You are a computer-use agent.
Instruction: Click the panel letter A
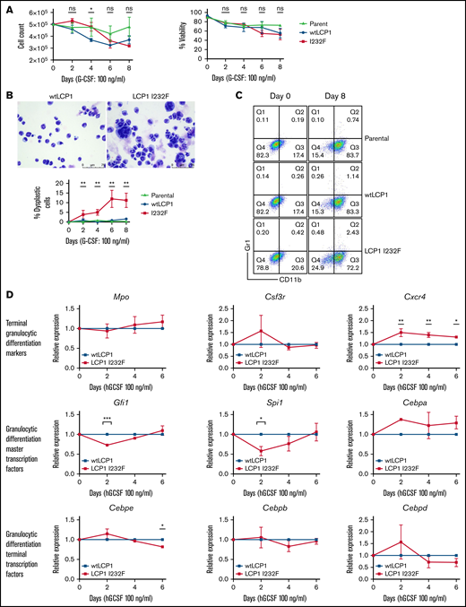[x=6, y=8]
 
